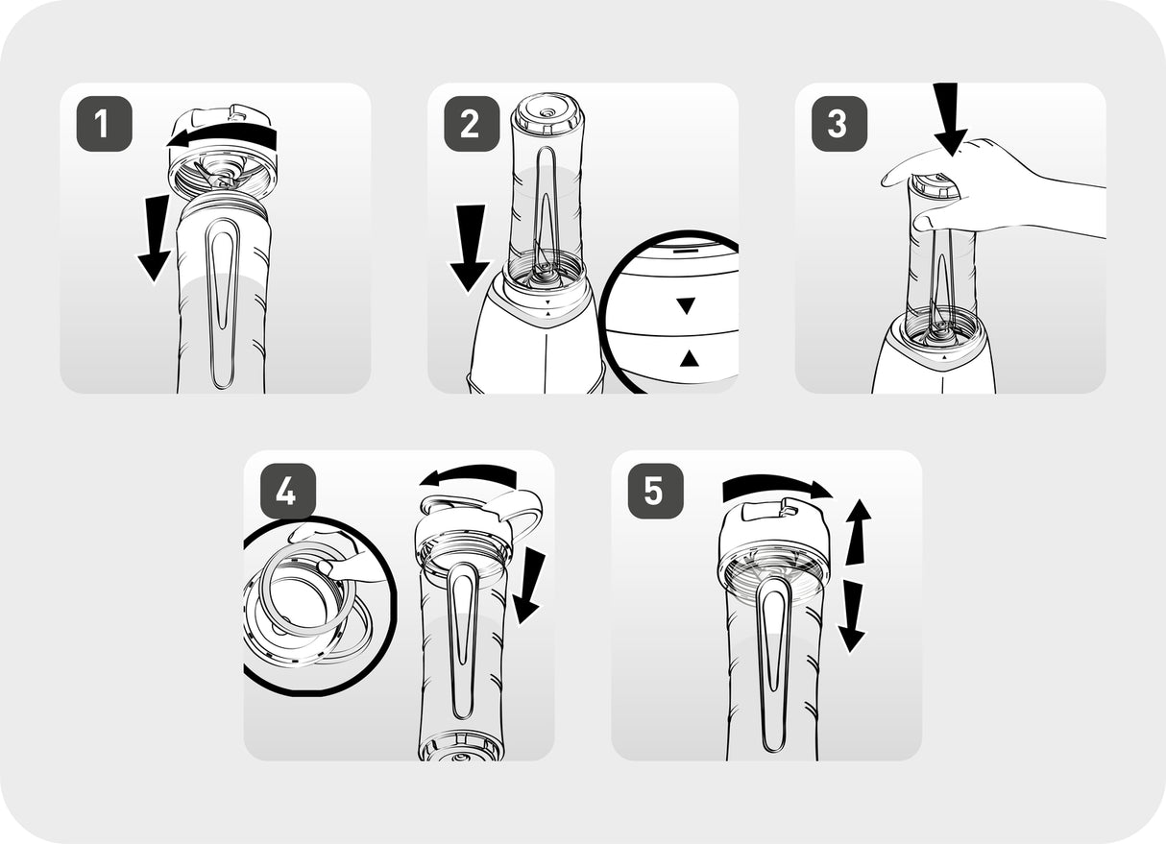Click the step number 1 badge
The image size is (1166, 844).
click(104, 124)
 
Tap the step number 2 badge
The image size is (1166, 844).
click(472, 124)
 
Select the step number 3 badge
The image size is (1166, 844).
click(839, 124)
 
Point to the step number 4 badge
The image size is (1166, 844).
click(288, 492)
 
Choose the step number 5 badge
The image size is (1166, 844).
click(655, 492)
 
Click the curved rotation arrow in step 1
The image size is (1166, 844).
click(224, 135)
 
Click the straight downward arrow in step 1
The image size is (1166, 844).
click(156, 238)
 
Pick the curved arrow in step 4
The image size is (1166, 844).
click(469, 473)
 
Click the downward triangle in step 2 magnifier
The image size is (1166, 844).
click(687, 305)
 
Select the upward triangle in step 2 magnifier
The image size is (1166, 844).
click(690, 358)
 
